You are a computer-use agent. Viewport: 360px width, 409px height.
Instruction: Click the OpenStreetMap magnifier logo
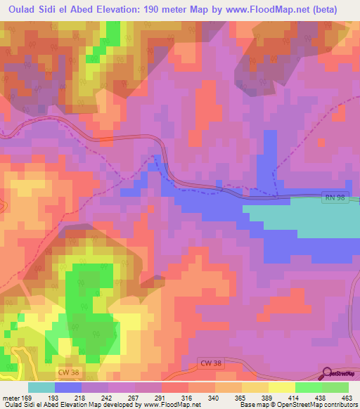pyautogui.click(x=327, y=374)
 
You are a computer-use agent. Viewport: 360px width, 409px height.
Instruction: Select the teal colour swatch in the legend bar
pyautogui.click(x=41, y=387)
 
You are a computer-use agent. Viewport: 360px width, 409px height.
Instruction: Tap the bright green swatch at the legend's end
pyautogui.click(x=335, y=387)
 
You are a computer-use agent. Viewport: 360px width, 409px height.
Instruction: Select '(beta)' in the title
pyautogui.click(x=321, y=9)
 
